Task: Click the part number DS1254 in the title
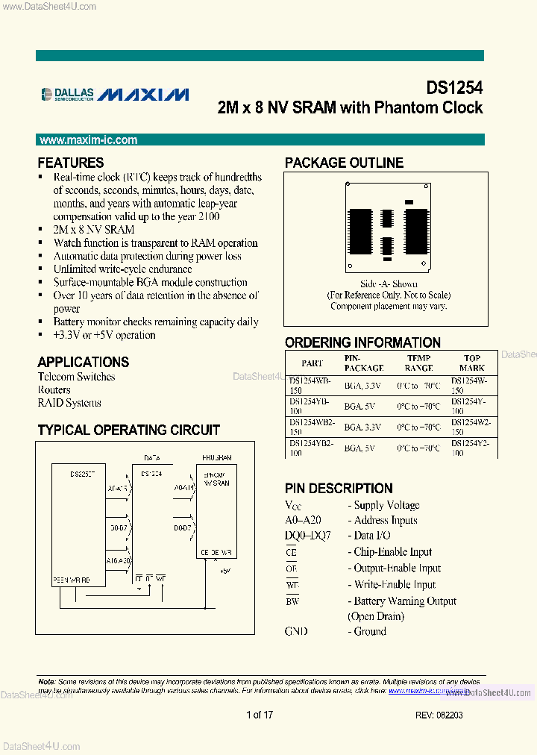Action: pos(454,87)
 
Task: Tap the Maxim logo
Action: pos(143,94)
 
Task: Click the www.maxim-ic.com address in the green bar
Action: pos(88,140)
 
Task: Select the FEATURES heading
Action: pos(71,163)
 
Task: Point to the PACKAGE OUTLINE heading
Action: pos(344,163)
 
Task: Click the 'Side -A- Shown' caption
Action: pos(389,284)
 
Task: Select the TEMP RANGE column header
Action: pos(418,363)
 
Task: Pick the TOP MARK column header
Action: pos(471,363)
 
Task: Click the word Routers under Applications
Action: pos(54,389)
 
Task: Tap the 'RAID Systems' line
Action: pos(69,403)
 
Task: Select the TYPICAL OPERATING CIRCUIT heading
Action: pos(128,430)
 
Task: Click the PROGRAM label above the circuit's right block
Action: pos(216,457)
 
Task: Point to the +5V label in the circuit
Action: pos(225,570)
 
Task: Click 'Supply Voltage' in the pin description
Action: pos(386,505)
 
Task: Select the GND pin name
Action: pos(296,631)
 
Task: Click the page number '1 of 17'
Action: pos(260,715)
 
